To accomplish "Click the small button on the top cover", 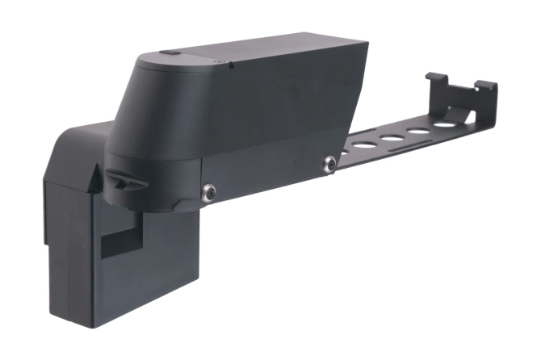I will pos(168,54).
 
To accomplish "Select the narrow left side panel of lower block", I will pos(56,242).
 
